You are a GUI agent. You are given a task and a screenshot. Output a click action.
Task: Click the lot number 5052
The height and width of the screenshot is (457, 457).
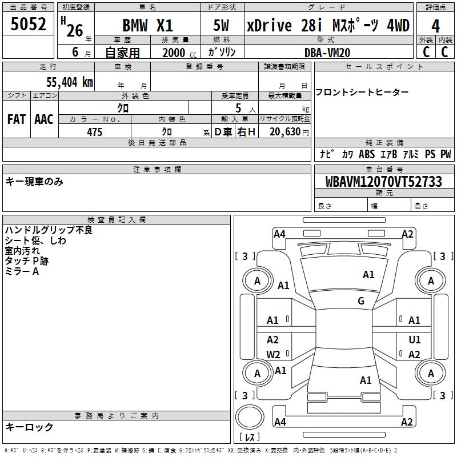[x=29, y=25]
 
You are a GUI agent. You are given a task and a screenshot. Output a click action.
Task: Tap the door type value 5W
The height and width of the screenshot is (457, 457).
[x=221, y=26]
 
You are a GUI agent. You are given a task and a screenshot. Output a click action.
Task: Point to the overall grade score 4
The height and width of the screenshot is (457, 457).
[x=435, y=26]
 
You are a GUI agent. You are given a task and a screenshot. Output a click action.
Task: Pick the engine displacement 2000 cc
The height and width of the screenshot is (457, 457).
[x=175, y=53]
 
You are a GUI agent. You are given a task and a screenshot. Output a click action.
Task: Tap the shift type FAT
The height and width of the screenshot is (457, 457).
[x=16, y=119]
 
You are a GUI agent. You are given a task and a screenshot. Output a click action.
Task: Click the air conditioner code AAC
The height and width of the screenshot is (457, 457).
[x=44, y=119]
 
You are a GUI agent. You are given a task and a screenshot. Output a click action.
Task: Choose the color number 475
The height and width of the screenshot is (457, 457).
[x=94, y=132]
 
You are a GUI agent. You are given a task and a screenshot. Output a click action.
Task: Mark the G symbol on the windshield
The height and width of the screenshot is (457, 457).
[x=361, y=301]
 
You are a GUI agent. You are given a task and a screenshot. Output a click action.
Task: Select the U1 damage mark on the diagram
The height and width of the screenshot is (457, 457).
[x=415, y=340]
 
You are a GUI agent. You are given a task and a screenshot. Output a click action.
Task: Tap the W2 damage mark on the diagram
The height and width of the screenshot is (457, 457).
[x=273, y=354]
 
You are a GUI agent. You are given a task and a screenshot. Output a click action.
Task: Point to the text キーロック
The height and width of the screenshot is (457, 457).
[x=29, y=427]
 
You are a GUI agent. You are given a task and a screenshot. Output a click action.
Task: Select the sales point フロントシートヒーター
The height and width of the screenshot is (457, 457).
[x=362, y=92]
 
